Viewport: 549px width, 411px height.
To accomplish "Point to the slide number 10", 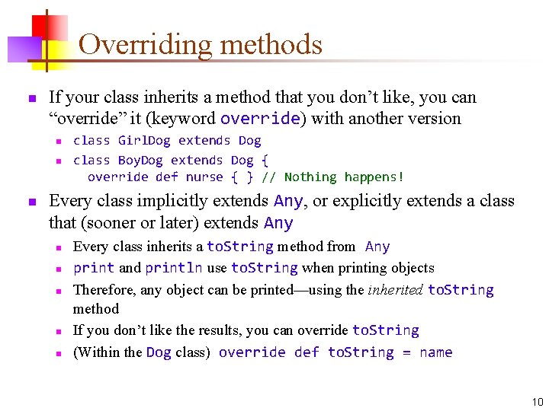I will point(538,402).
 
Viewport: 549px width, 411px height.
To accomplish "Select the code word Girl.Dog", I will point(144,141).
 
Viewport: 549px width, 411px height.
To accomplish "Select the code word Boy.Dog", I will point(140,161).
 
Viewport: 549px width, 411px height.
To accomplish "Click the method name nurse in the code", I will point(204,177).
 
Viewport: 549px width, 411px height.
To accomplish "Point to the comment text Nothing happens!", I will point(343,177).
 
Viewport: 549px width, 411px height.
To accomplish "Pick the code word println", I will point(173,268).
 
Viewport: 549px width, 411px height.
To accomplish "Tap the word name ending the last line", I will point(435,352).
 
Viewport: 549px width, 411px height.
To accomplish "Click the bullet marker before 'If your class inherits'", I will point(31,99).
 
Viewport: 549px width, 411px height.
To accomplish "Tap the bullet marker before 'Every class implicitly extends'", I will point(31,202).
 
